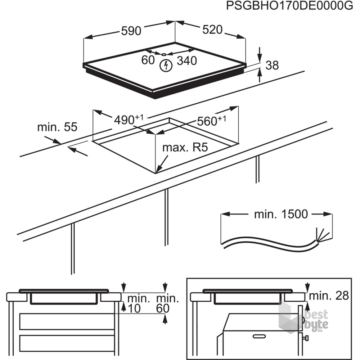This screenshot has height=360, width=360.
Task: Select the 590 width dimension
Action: coord(131,31)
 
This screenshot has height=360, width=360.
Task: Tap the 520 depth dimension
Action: coord(212,30)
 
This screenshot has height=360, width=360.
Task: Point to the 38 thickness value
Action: coord(272,65)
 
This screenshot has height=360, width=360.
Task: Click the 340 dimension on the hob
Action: coord(187,61)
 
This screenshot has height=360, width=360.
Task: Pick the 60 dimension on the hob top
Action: coord(148,60)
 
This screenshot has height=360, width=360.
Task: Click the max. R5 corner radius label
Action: coord(185,148)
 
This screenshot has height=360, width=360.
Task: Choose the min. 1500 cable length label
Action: coord(281,214)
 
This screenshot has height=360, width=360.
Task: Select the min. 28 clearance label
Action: coord(329,296)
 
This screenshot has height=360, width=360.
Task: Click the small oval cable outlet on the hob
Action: coord(164,54)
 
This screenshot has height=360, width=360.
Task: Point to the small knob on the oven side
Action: coord(306,338)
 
